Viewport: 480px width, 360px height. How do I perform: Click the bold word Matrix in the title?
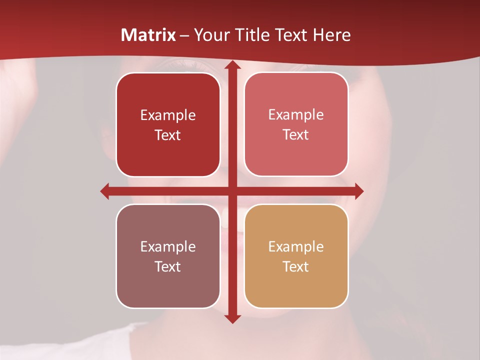[x=148, y=35]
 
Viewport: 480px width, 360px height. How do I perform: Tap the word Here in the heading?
[x=331, y=35]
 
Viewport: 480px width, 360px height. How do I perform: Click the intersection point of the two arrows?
[x=231, y=191]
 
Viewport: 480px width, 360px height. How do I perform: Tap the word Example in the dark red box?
[x=168, y=115]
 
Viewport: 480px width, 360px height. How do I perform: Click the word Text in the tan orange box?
[x=296, y=266]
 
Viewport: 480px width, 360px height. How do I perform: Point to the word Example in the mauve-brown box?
[x=168, y=246]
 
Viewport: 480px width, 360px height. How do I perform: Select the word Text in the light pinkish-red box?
[x=296, y=135]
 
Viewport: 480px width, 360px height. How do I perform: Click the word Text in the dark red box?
[x=168, y=135]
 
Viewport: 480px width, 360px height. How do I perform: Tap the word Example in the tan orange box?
[x=296, y=246]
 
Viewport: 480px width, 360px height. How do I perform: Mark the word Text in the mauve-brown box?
[x=168, y=266]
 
